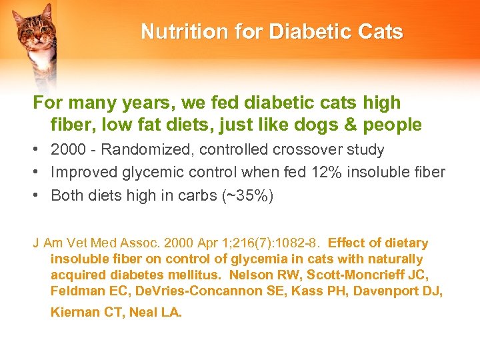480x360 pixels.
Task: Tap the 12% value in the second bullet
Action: pyautogui.click(x=325, y=173)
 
